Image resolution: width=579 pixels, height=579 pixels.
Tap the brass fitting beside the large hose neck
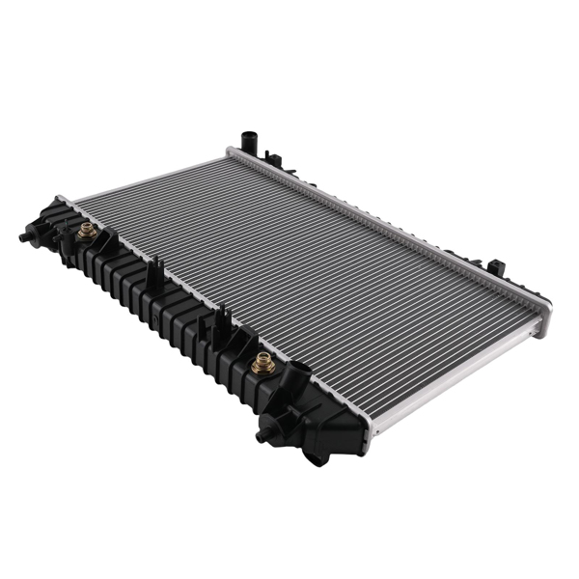[x=260, y=364]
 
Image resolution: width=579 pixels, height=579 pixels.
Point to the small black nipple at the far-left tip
[x=23, y=236]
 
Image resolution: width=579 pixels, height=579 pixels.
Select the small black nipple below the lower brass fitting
[x=262, y=436]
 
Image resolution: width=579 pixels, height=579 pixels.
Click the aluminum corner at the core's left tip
[x=64, y=201]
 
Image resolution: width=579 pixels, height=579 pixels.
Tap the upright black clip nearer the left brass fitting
[x=152, y=274]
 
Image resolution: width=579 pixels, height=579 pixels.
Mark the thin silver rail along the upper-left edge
[x=145, y=176]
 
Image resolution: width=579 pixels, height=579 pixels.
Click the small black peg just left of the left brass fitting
[x=60, y=232]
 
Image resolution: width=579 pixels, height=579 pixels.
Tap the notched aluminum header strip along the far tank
[x=386, y=221]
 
